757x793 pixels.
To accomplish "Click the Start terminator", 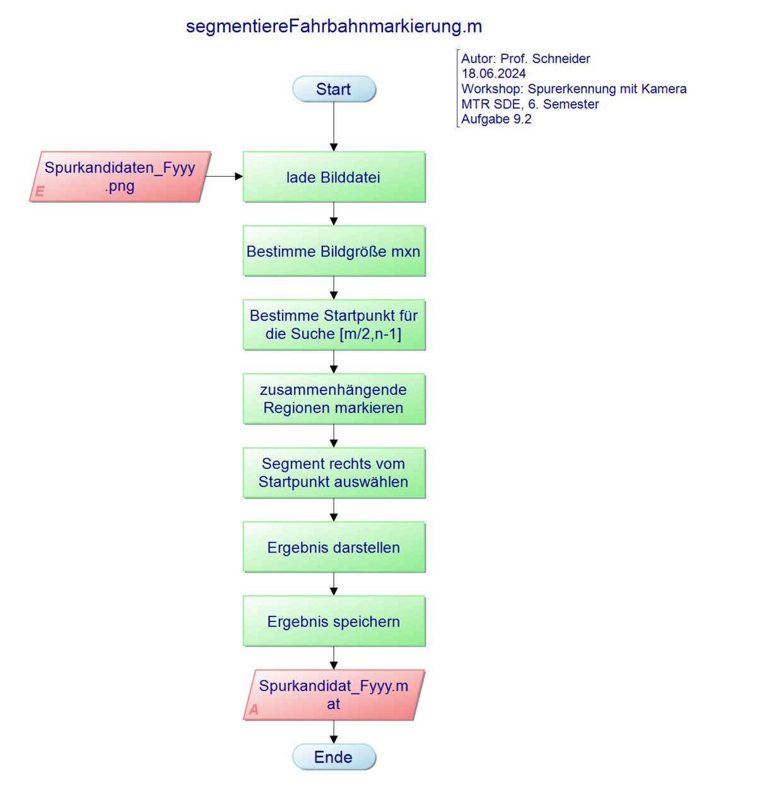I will pyautogui.click(x=334, y=89).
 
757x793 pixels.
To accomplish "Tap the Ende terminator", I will pyautogui.click(x=334, y=757).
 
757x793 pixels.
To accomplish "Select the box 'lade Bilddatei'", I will pyautogui.click(x=334, y=177).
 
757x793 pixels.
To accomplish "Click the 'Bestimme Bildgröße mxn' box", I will pyautogui.click(x=334, y=251).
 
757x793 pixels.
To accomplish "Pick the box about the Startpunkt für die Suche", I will pyautogui.click(x=334, y=325).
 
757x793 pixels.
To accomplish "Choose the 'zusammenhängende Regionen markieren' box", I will pyautogui.click(x=334, y=399).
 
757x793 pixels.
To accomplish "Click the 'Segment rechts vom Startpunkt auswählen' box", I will pyautogui.click(x=334, y=473).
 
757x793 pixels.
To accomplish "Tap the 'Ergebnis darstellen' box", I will pyautogui.click(x=334, y=547).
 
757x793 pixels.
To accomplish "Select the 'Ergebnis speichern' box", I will pyautogui.click(x=334, y=621).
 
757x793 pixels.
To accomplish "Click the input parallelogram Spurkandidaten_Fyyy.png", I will pyautogui.click(x=120, y=177).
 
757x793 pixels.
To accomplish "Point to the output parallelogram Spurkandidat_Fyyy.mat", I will pyautogui.click(x=334, y=695).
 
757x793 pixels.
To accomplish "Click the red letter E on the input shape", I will pyautogui.click(x=40, y=191).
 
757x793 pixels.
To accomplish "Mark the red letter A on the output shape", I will pyautogui.click(x=254, y=710).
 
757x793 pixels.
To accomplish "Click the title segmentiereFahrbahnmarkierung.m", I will pyautogui.click(x=334, y=26).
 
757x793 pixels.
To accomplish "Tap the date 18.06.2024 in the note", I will pyautogui.click(x=493, y=74).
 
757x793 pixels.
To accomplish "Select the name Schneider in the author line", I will pyautogui.click(x=561, y=59).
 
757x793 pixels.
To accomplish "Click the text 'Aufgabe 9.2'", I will pyautogui.click(x=496, y=119).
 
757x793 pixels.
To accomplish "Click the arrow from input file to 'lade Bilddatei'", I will pyautogui.click(x=225, y=177).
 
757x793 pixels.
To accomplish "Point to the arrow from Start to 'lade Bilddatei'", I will pyautogui.click(x=334, y=126).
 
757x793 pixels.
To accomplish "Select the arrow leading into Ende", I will pyautogui.click(x=334, y=732).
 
